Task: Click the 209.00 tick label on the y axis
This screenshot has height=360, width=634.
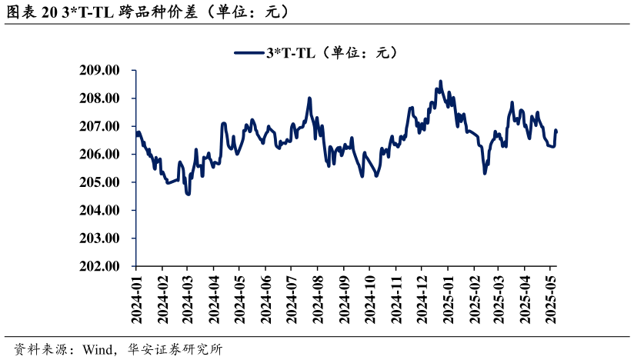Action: [x=100, y=70]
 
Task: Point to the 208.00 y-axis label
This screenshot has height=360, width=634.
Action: [x=100, y=98]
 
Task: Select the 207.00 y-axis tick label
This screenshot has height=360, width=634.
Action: [x=100, y=126]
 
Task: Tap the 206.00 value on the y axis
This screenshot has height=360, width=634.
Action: [x=100, y=155]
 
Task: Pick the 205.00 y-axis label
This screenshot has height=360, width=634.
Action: [x=100, y=182]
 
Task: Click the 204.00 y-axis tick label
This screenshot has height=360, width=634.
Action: [x=100, y=210]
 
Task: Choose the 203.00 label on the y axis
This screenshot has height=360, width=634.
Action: [x=100, y=238]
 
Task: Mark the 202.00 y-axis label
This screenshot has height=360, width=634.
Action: [x=100, y=266]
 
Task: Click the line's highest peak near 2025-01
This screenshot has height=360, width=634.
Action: [x=441, y=81]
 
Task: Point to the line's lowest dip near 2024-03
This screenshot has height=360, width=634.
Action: [x=188, y=195]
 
